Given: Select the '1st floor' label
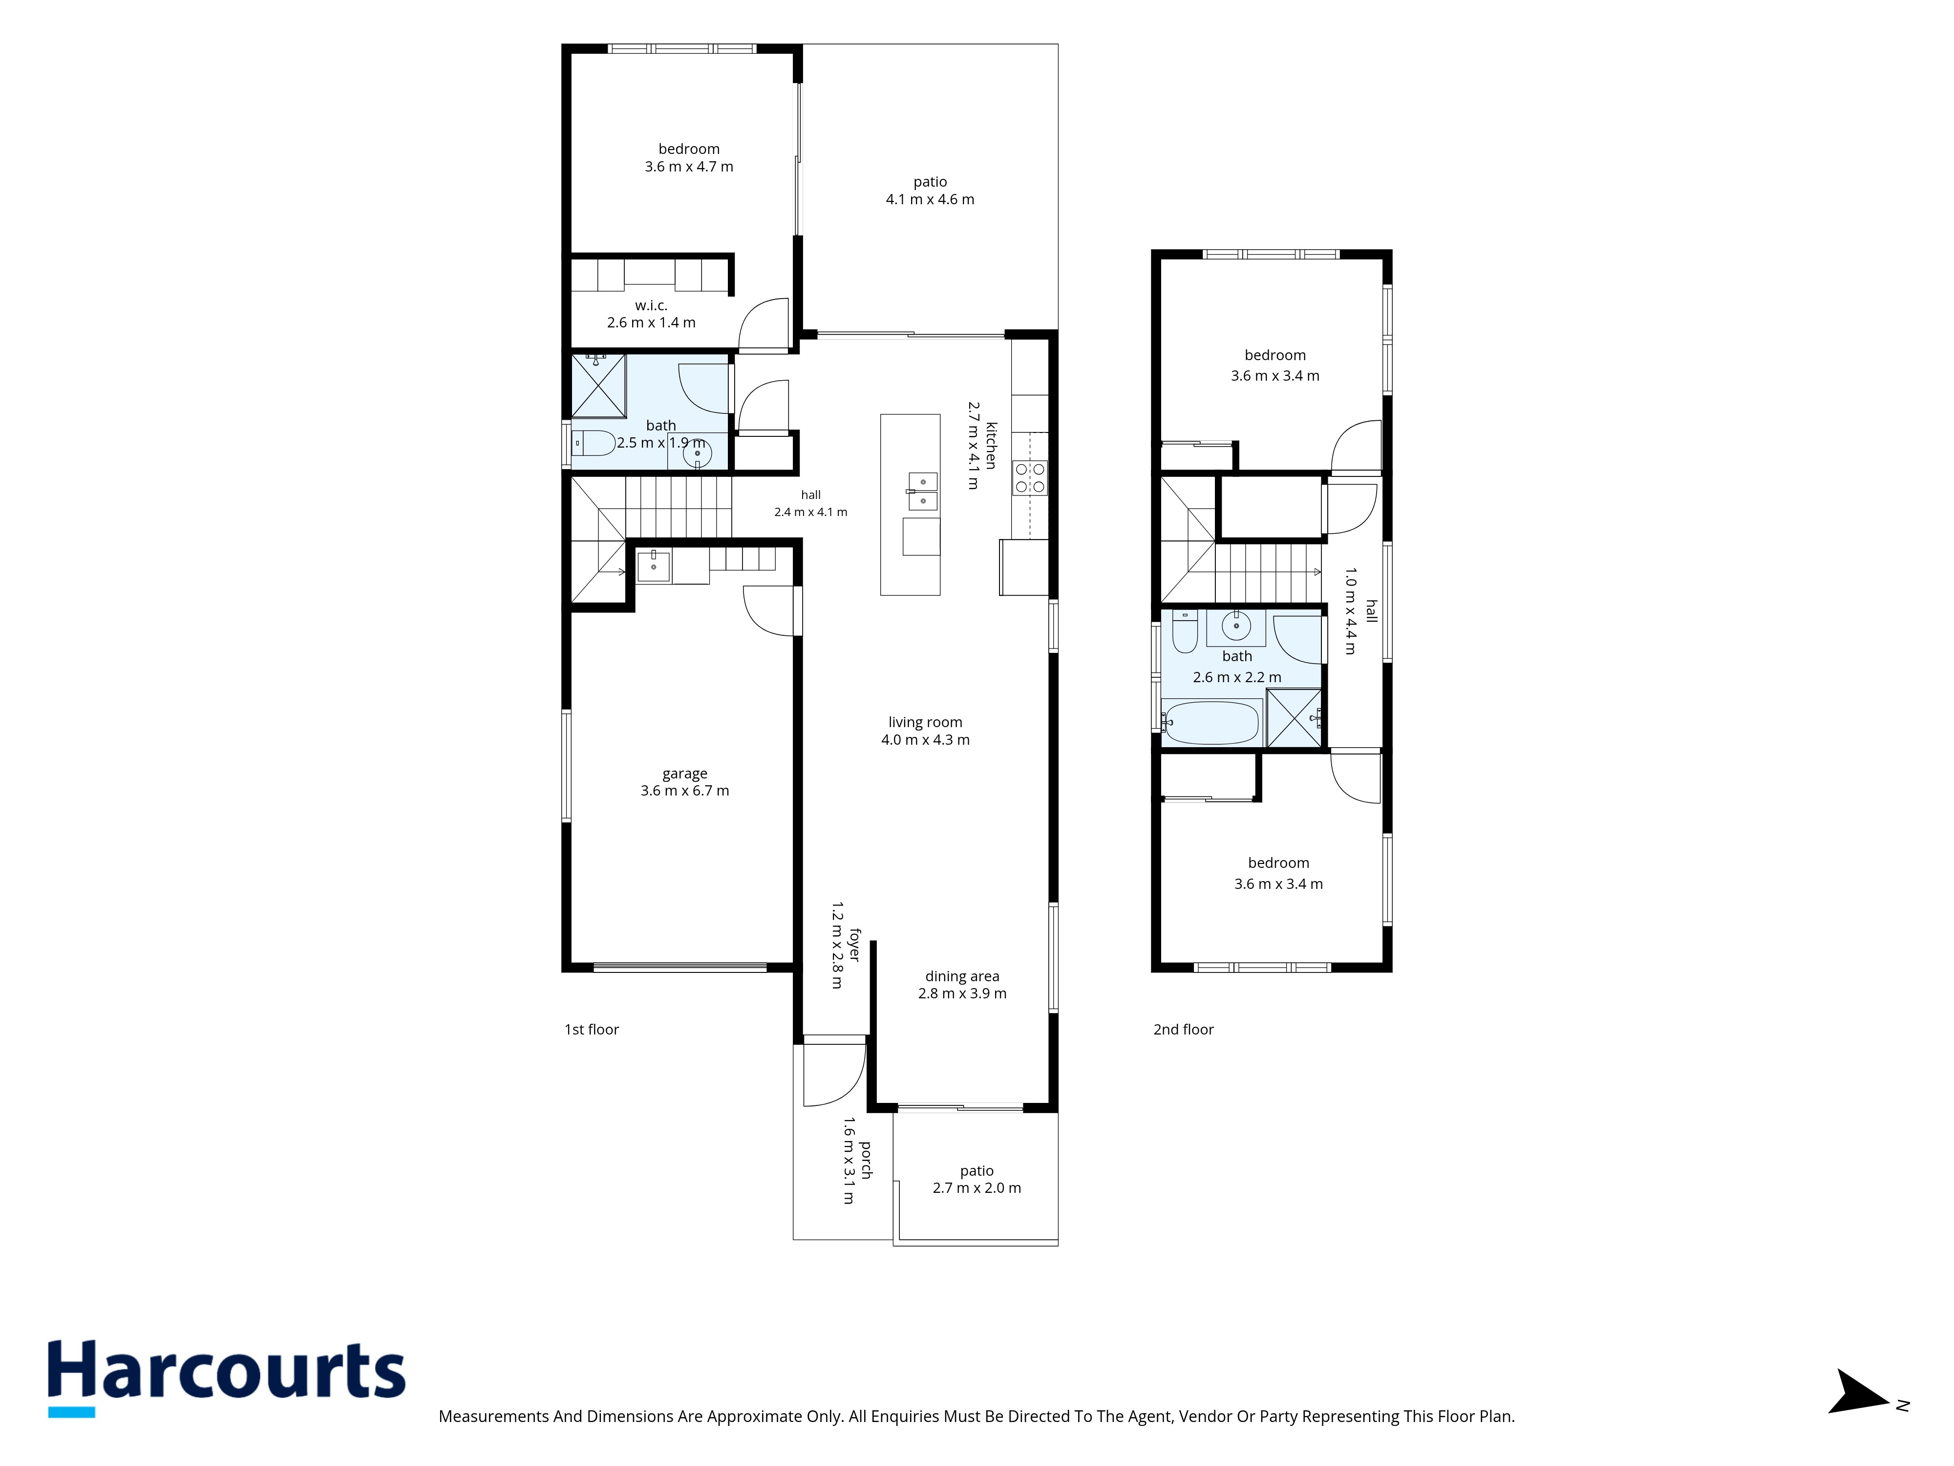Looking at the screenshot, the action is point(592,1030).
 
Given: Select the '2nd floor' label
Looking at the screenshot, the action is point(1184,1030).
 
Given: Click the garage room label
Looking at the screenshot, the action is point(684,782).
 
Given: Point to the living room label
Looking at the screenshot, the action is point(925,731).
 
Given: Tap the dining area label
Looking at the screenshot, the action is point(962,984).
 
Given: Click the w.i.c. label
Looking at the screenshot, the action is point(651,314).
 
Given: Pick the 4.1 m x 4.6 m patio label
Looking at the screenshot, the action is point(930,190).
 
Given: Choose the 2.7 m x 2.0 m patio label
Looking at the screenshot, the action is point(977,1179).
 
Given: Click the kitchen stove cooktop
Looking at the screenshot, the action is point(1030,478).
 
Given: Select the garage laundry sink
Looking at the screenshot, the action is point(654,565).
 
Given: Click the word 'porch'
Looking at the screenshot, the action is point(866,1160).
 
